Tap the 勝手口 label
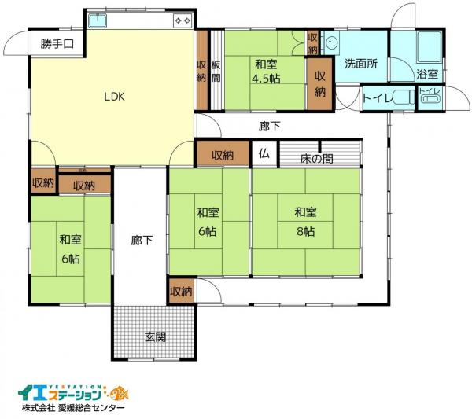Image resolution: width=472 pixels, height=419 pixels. click(x=57, y=44)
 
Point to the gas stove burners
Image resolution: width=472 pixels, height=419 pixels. click(x=182, y=20)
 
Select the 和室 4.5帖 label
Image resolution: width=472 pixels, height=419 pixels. click(x=265, y=71)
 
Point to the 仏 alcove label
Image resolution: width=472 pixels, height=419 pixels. click(x=264, y=154)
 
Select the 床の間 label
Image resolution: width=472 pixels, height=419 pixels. click(x=317, y=158)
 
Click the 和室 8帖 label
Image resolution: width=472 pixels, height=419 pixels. click(x=306, y=222)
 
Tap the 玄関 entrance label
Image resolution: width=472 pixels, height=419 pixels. click(x=155, y=338)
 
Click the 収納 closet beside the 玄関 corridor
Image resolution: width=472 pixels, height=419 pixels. click(x=180, y=292)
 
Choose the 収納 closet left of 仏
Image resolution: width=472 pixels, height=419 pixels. click(x=223, y=155)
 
